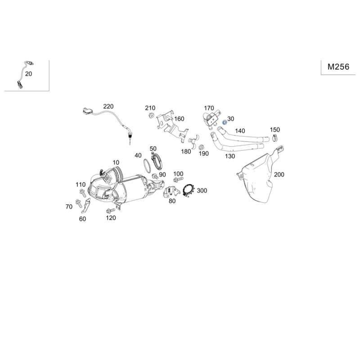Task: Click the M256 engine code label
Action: click(338, 67)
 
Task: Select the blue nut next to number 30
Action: click(225, 122)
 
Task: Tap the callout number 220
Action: click(108, 107)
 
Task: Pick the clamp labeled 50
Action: click(157, 161)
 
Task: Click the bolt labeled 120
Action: click(111, 210)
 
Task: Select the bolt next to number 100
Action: click(178, 179)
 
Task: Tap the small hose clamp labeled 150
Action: click(274, 138)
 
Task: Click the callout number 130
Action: click(230, 156)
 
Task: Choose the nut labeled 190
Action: click(201, 147)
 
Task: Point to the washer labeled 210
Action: click(151, 115)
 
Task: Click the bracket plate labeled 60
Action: click(86, 206)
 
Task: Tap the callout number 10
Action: click(116, 163)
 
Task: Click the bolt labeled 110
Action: click(83, 193)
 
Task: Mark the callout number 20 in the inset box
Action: click(28, 74)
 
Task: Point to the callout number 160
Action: click(179, 119)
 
